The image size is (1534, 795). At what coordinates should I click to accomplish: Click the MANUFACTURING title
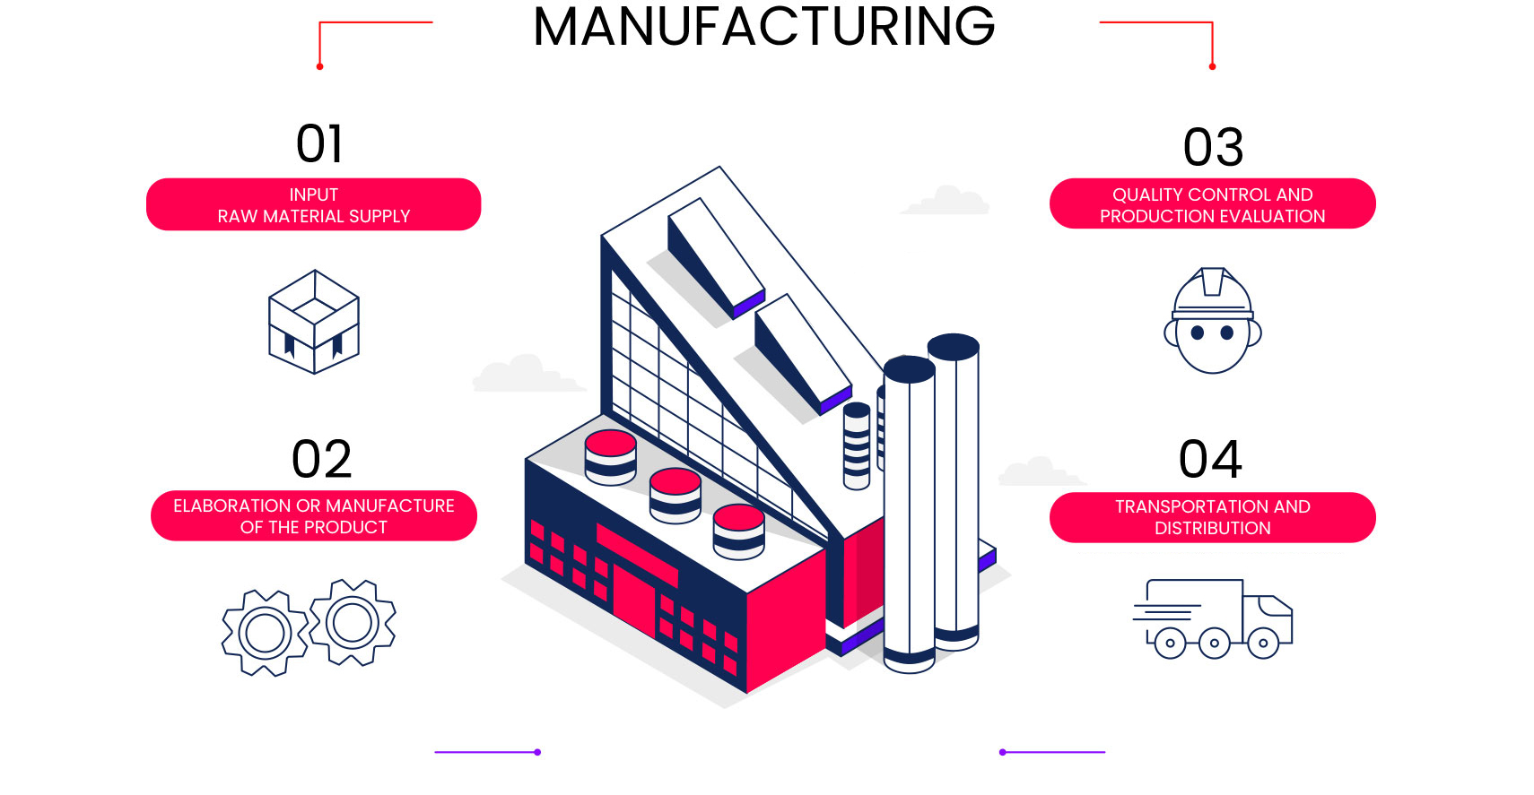point(763,27)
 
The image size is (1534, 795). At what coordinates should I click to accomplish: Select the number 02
point(321,459)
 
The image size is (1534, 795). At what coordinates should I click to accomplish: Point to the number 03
point(1213,147)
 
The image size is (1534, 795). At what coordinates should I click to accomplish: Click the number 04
point(1210,459)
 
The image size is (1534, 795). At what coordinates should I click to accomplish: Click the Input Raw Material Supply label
point(314,204)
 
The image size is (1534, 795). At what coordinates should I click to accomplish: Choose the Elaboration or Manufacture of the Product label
point(314,516)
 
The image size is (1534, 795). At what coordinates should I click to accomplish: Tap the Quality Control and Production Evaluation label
point(1212,203)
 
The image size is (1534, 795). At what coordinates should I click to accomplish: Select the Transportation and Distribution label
point(1212,517)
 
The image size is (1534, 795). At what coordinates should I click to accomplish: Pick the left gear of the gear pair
point(265,633)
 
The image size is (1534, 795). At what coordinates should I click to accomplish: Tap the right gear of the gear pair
point(352,623)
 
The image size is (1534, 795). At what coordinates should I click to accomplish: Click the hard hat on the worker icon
point(1212,294)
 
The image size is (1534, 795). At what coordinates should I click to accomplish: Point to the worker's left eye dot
point(1197,333)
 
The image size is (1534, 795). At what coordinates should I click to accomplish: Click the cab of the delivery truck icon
point(1268,619)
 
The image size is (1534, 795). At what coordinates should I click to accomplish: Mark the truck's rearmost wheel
point(1171,644)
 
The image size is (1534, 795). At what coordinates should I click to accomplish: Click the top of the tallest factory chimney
point(954,347)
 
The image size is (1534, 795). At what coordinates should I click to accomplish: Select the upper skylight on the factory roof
point(717,259)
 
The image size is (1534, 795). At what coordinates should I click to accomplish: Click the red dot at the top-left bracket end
point(320,66)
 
